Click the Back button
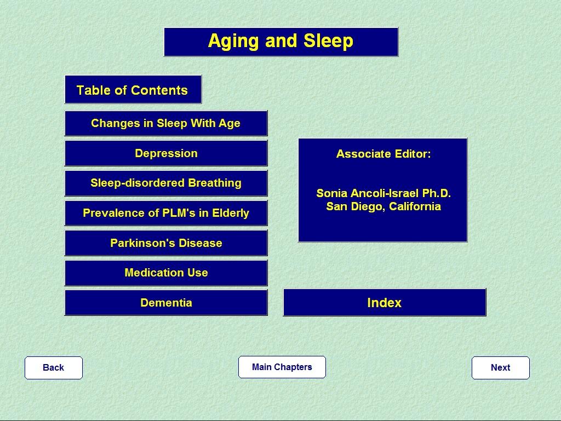54,368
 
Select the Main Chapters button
282,367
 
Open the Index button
385,303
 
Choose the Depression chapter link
166,153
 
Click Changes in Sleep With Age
166,123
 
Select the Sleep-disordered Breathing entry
166,183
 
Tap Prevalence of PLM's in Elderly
166,213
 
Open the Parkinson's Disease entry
166,243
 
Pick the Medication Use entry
166,273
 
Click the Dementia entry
166,303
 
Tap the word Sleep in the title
329,41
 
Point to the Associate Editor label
383,154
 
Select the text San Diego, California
383,206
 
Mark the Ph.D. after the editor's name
437,193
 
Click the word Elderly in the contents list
231,213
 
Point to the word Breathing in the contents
215,183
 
